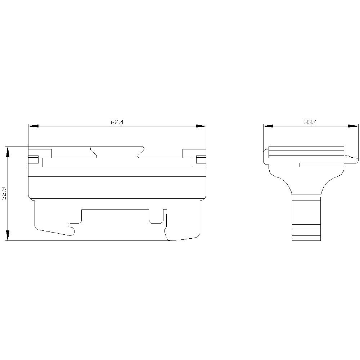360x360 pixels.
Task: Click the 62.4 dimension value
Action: click(x=117, y=122)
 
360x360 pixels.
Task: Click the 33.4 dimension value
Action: click(x=310, y=122)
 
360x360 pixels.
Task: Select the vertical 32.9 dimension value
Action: click(x=4, y=193)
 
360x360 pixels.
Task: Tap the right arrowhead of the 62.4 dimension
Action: click(x=201, y=126)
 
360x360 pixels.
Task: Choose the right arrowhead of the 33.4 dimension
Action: click(x=353, y=126)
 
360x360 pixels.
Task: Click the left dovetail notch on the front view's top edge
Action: click(x=94, y=152)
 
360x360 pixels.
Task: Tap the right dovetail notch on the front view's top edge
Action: click(x=140, y=152)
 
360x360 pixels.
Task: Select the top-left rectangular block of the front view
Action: click(x=40, y=153)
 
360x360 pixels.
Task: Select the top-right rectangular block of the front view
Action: click(x=194, y=153)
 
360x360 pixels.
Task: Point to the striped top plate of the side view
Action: click(x=306, y=152)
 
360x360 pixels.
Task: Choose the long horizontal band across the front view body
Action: click(x=117, y=172)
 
